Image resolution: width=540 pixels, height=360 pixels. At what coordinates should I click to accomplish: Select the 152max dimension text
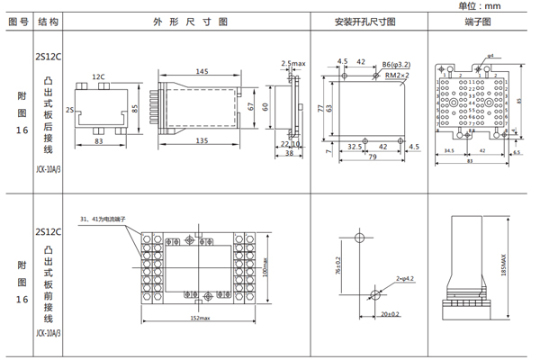(199, 318)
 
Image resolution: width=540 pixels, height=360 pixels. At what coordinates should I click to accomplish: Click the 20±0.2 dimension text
(390, 314)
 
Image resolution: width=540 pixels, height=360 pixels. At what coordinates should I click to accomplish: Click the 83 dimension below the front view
(98, 142)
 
